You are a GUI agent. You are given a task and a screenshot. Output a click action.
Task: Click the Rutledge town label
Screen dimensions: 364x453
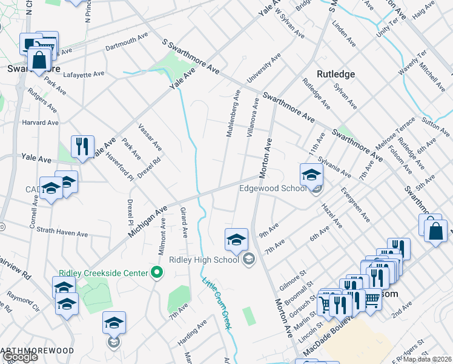click(334, 74)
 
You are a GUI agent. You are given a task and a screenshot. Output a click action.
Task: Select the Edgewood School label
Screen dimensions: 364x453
click(273, 188)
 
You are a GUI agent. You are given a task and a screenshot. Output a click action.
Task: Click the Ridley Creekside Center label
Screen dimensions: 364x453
click(104, 273)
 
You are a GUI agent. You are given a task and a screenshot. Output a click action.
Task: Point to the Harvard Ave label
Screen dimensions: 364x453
click(40, 123)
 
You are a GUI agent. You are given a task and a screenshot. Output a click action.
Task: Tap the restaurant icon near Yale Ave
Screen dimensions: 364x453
click(83, 146)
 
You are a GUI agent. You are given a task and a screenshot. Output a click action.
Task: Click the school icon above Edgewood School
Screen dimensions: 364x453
click(311, 175)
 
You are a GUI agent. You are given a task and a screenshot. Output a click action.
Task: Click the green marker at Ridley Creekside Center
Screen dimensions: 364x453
click(157, 273)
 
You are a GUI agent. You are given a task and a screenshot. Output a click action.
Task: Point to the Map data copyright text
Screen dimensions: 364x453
click(428, 359)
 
